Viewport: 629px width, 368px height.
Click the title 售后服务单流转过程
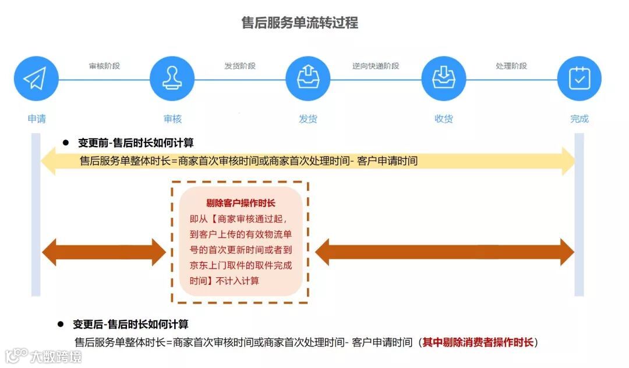(x=300, y=23)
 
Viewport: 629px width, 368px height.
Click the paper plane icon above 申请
(x=36, y=78)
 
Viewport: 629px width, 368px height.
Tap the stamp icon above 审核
(x=172, y=78)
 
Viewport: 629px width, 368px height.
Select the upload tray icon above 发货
(x=308, y=78)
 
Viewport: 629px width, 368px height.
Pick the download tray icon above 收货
(x=443, y=78)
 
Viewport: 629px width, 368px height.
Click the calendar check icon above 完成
(x=579, y=78)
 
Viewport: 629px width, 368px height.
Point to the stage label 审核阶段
(x=104, y=66)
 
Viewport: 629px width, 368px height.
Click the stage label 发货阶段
(x=240, y=66)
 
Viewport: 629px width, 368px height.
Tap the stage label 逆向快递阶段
(x=376, y=66)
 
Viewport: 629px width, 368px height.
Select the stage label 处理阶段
(x=511, y=66)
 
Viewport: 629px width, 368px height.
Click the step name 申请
(x=37, y=119)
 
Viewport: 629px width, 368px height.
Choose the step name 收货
(x=444, y=119)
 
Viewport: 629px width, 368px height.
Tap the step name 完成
(x=579, y=119)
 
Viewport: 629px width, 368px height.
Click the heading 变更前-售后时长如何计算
(x=136, y=143)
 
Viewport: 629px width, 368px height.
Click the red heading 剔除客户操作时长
(x=241, y=203)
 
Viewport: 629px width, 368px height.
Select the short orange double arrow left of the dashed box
(x=104, y=252)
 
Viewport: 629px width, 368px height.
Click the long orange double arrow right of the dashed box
(x=444, y=252)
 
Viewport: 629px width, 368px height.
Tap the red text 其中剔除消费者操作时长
(x=478, y=342)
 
